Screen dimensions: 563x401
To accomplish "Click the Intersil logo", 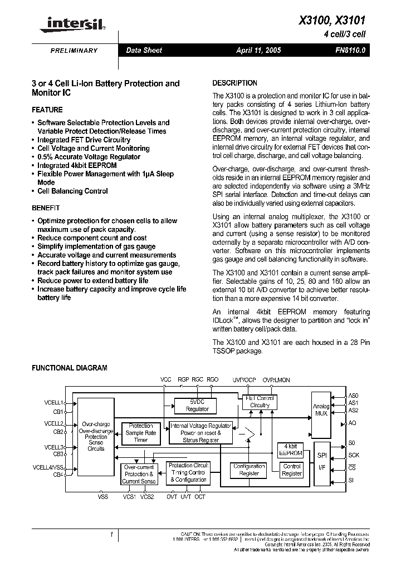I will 70,23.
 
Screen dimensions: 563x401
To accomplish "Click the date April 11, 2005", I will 258,50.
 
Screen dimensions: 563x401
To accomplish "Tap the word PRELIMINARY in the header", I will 74,51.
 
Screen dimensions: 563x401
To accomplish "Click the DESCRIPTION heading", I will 235,83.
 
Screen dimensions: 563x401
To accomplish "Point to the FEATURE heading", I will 47,110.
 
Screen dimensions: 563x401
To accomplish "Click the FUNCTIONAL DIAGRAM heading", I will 69,368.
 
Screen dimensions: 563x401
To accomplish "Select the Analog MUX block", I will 321,410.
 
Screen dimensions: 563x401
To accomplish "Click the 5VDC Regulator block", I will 197,405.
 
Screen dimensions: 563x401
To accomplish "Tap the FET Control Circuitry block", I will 260,402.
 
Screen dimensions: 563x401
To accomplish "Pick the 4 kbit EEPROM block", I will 290,450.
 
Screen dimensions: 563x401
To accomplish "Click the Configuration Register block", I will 249,470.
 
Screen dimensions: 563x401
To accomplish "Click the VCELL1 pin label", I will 54,402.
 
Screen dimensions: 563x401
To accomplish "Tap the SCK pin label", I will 354,455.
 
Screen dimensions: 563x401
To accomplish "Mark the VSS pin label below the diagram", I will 103,496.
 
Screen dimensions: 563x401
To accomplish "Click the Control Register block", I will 292,470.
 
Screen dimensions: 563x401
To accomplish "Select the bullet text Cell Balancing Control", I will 72,191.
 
